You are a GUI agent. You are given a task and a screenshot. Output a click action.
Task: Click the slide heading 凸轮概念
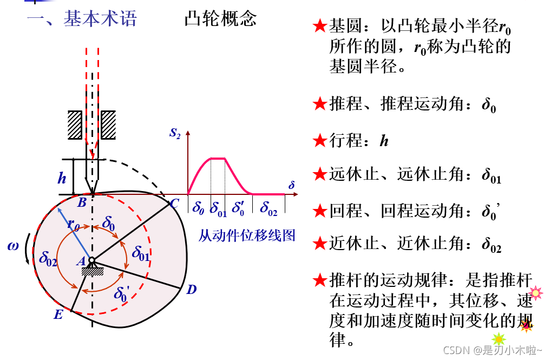(220, 19)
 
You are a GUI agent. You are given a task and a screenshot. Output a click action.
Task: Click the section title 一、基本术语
(82, 19)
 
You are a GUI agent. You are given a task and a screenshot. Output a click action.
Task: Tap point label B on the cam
(82, 203)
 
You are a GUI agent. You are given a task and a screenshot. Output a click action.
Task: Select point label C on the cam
(174, 204)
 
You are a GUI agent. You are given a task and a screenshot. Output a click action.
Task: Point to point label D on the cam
(191, 290)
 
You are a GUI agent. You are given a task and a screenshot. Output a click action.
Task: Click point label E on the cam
(58, 314)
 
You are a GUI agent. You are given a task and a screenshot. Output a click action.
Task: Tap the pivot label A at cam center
(81, 261)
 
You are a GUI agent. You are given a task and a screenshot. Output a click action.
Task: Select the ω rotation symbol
(13, 246)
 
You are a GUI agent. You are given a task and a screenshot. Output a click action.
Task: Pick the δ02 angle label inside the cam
(48, 257)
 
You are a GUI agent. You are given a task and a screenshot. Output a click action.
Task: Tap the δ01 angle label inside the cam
(141, 253)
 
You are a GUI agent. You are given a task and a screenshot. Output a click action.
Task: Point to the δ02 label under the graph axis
(269, 207)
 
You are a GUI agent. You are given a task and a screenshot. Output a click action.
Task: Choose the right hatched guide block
(108, 125)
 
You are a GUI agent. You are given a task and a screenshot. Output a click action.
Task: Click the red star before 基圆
(320, 26)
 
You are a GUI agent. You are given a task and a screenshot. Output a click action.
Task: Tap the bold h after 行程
(384, 141)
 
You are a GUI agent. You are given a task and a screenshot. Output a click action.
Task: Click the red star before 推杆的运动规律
(320, 281)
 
